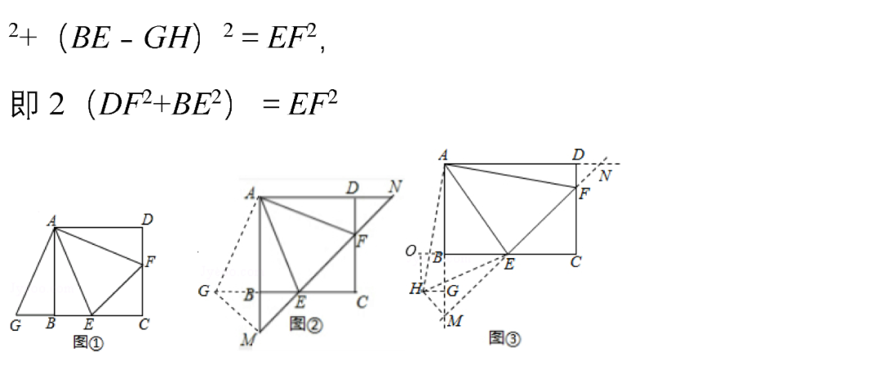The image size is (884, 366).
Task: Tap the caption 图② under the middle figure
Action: pyautogui.click(x=306, y=325)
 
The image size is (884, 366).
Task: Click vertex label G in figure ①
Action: pyautogui.click(x=16, y=325)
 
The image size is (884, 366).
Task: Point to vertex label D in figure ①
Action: pyautogui.click(x=147, y=219)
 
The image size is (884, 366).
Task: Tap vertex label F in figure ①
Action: pyautogui.click(x=150, y=262)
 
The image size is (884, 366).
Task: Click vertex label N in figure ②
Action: pyautogui.click(x=395, y=187)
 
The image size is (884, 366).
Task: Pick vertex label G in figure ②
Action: pyautogui.click(x=205, y=291)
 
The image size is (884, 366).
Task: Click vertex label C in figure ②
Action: pyautogui.click(x=362, y=302)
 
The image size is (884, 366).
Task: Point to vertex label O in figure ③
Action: pyautogui.click(x=411, y=251)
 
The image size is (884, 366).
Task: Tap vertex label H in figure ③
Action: pyautogui.click(x=416, y=288)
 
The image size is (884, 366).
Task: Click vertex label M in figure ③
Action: pyautogui.click(x=455, y=321)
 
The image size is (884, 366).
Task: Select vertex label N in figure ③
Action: pyautogui.click(x=605, y=176)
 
